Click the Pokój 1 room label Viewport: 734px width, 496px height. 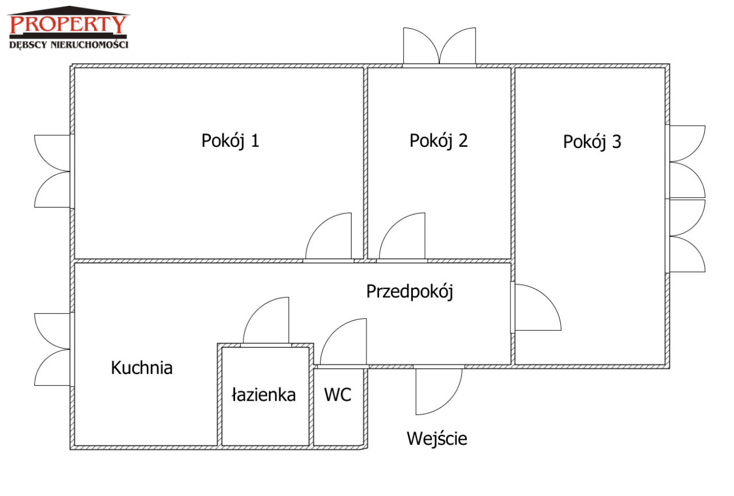[x=230, y=141]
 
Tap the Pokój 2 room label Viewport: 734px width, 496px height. [x=438, y=141]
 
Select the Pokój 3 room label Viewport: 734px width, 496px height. [x=592, y=142]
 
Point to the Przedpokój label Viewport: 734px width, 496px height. [x=409, y=292]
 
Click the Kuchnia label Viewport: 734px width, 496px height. [x=142, y=368]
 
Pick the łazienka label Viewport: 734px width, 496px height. [x=264, y=395]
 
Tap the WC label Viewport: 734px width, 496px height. [x=338, y=395]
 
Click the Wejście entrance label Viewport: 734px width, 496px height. [x=437, y=439]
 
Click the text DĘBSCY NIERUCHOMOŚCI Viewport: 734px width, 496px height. [x=69, y=44]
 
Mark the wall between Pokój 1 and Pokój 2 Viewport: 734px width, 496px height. [x=365, y=163]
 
